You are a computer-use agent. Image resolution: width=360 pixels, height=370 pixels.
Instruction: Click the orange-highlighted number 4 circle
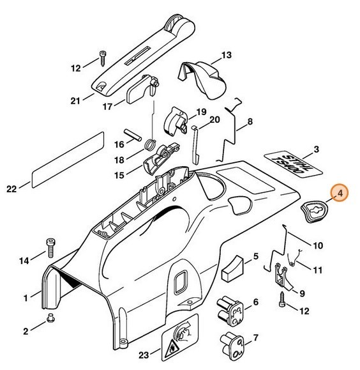tap(339, 194)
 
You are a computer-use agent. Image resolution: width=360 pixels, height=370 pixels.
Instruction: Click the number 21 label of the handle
tap(75, 100)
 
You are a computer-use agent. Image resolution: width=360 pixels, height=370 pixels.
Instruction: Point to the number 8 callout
tap(250, 121)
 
